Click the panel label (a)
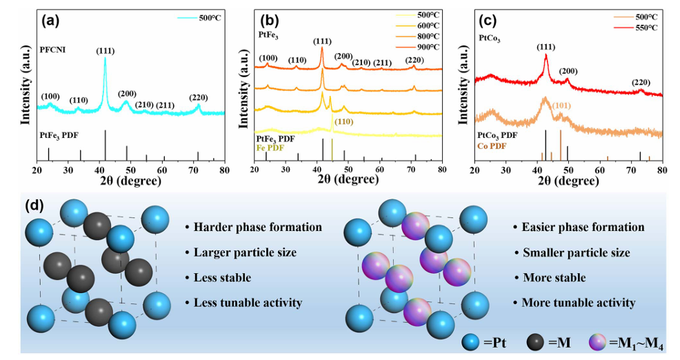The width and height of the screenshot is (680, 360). point(54,20)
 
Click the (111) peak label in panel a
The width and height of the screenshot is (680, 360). point(105,50)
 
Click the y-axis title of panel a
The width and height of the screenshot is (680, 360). point(14,86)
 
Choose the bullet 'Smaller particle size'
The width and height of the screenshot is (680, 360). point(572,252)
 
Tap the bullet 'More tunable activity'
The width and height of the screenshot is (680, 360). point(574,303)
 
